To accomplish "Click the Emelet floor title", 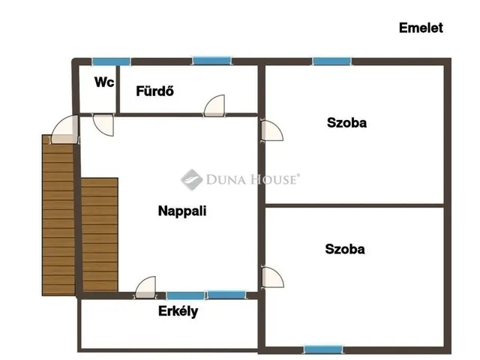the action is click(421, 28).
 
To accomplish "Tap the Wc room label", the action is click(104, 82).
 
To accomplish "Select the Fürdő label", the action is click(155, 91).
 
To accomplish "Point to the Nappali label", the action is click(182, 211).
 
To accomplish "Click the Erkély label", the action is click(178, 311).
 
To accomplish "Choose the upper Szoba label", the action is click(346, 123).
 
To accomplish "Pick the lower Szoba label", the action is click(345, 249).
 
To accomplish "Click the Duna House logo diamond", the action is click(192, 180).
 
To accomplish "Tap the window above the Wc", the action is click(112, 61).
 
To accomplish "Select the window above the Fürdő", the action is click(211, 61).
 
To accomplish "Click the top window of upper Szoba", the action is click(331, 61).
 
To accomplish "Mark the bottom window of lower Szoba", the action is click(323, 349).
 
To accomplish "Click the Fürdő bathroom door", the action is click(214, 106).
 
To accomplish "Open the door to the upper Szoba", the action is click(271, 130).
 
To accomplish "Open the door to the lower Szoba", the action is click(272, 277).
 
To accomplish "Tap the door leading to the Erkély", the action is click(145, 287).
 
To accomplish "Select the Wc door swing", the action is click(103, 125).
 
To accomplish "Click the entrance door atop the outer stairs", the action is click(65, 129).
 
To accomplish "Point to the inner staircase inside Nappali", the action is click(100, 235).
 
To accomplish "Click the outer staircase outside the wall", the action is click(58, 215).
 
